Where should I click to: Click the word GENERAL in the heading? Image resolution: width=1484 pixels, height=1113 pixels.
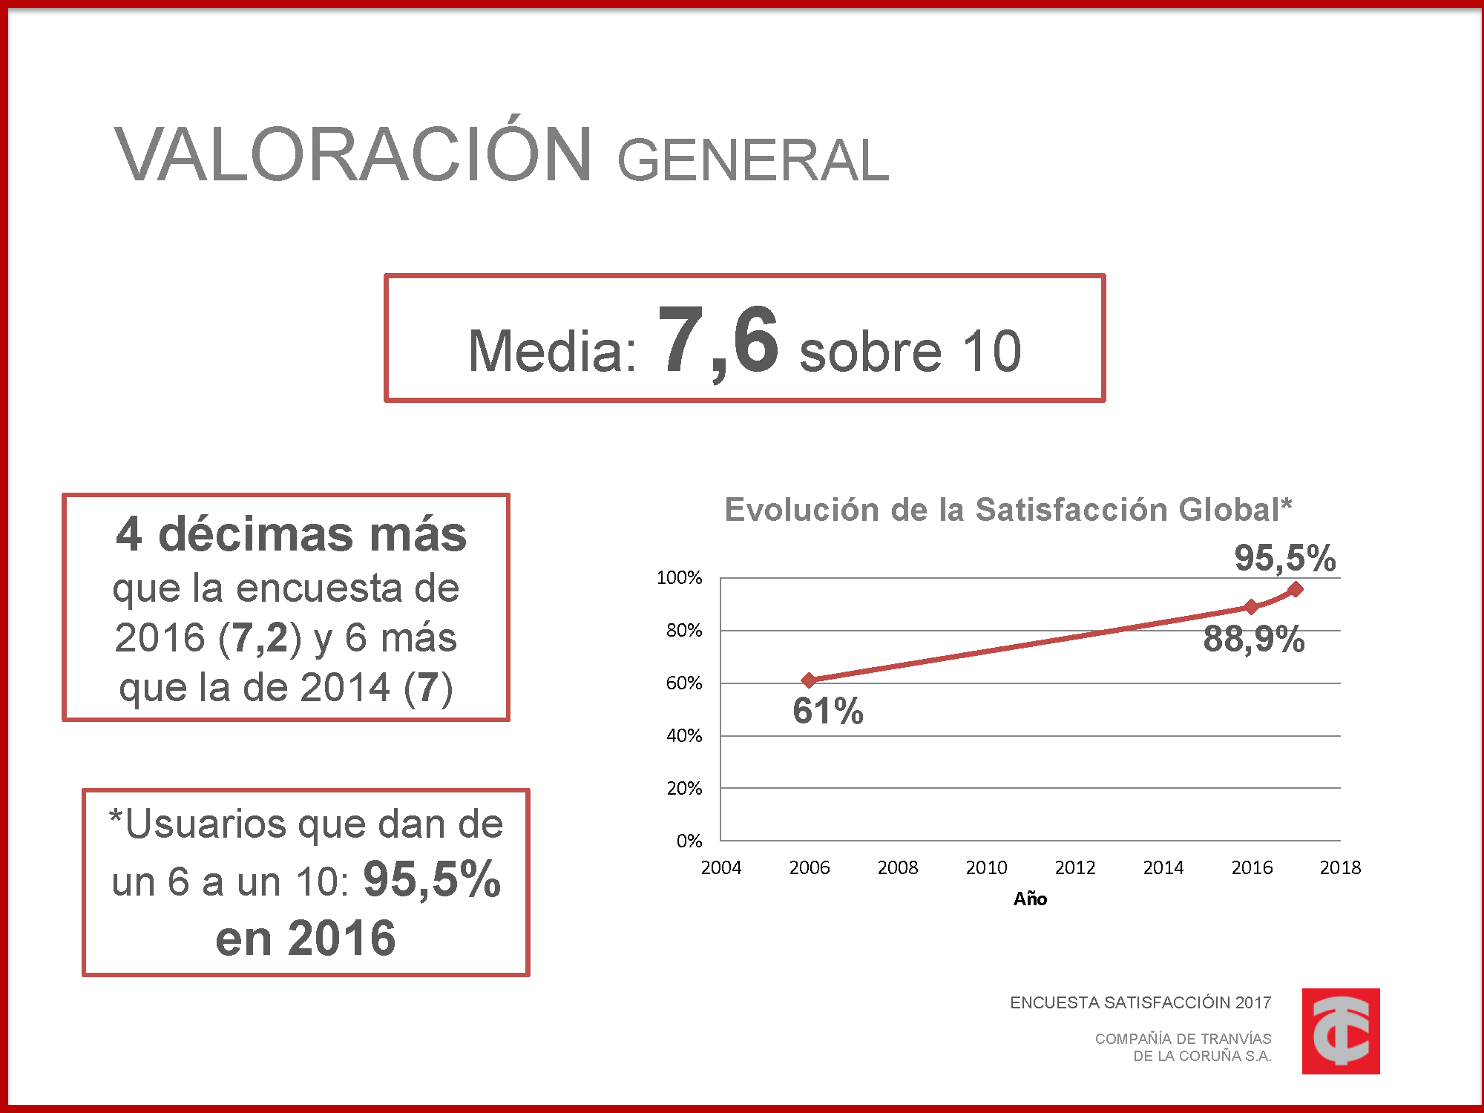pos(752,160)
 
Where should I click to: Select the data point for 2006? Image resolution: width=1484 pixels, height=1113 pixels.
pos(809,680)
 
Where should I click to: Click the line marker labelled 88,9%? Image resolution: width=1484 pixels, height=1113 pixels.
pos(1251,607)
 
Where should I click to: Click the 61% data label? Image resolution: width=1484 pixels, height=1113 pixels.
pos(827,711)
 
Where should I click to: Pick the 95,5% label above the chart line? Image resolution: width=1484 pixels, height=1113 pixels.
pos(1284,558)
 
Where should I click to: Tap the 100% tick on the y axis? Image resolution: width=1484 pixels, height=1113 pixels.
pos(679,577)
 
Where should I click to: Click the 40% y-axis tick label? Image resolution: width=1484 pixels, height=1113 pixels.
pos(683,735)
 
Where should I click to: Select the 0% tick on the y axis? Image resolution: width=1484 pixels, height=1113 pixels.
pos(689,841)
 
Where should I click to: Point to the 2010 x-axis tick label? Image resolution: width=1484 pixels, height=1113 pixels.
pos(986,867)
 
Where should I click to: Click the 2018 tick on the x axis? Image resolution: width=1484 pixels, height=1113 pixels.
pos(1340,867)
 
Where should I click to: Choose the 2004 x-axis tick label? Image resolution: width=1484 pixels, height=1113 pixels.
pos(720,867)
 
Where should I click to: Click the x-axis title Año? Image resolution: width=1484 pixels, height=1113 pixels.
pos(1030,899)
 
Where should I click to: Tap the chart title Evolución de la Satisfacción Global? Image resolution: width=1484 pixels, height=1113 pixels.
pos(1008,510)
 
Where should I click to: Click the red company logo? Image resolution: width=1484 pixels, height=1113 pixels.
pos(1340,1031)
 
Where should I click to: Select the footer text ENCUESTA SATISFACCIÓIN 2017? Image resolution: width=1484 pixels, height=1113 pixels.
pos(1140,1002)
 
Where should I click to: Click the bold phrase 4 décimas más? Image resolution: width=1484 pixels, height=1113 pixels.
pos(291,534)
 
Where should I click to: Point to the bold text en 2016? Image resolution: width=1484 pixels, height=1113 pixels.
pos(306,938)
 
